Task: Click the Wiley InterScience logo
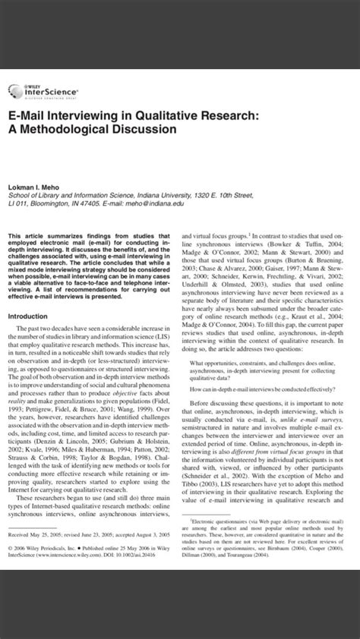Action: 30,90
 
